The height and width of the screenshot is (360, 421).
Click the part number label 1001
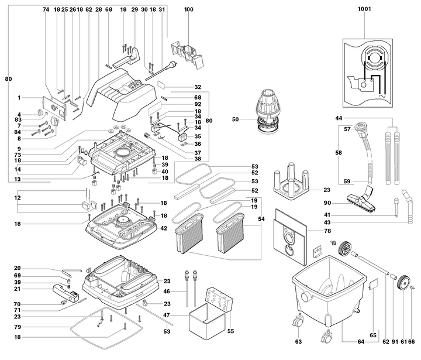click(x=364, y=10)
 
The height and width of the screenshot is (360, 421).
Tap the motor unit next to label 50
click(x=267, y=109)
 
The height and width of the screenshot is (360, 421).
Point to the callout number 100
click(x=188, y=10)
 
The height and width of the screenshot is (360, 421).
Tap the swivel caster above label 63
click(x=299, y=320)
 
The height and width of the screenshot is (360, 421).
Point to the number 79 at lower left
click(x=18, y=326)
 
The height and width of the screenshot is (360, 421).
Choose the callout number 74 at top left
click(x=46, y=10)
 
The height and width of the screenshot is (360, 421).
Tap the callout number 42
click(x=164, y=228)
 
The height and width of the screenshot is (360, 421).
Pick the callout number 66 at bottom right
click(x=412, y=341)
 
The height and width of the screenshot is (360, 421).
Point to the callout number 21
click(x=18, y=289)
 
